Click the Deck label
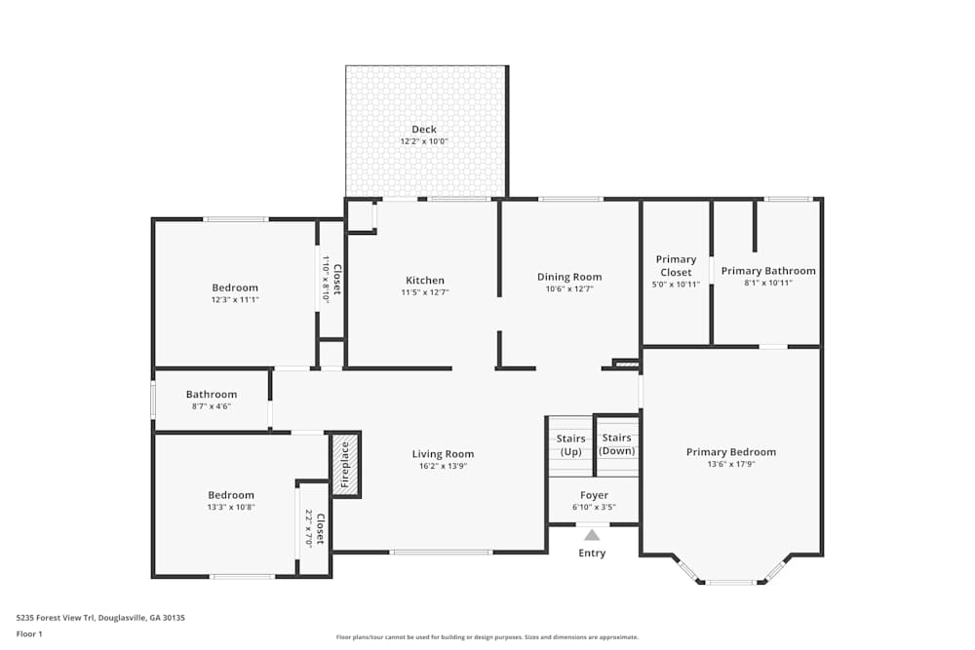click(423, 130)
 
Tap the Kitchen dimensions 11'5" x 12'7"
click(425, 292)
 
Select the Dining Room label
click(569, 278)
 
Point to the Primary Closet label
click(676, 266)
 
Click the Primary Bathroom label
click(768, 271)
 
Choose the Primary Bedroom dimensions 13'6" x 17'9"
click(730, 465)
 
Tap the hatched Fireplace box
click(343, 464)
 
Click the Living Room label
click(443, 454)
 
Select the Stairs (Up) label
click(570, 445)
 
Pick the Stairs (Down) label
click(617, 444)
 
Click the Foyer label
click(594, 496)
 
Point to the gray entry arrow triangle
click(592, 534)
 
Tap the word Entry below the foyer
click(592, 554)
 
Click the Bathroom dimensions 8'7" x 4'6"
click(212, 406)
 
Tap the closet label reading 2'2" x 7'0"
click(314, 527)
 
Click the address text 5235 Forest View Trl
click(58, 618)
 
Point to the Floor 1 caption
click(29, 633)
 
